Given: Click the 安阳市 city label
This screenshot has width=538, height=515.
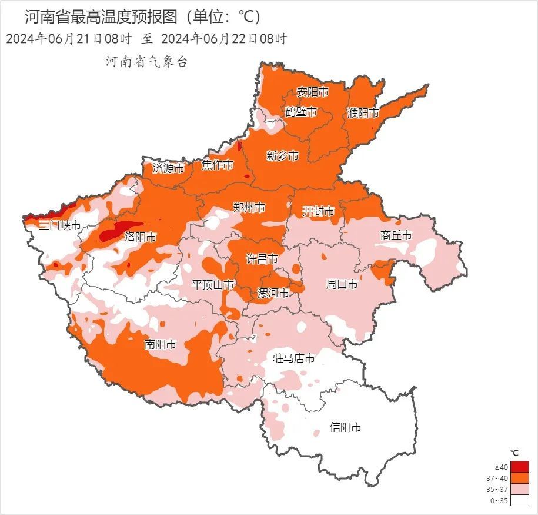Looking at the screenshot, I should click(x=312, y=92).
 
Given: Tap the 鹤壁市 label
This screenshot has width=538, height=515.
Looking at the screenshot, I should click(x=300, y=112).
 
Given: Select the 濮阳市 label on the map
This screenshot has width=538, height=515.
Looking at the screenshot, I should click(x=363, y=112).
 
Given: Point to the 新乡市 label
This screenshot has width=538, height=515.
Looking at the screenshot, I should click(x=282, y=156).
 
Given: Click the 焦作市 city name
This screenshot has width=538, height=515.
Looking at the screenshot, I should click(x=218, y=165).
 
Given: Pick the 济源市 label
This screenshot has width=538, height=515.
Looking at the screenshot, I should click(x=169, y=168).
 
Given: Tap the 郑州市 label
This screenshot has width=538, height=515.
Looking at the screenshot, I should click(x=249, y=208).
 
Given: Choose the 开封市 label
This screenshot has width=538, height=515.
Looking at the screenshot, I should click(x=318, y=211).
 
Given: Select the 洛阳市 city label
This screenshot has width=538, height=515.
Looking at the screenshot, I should click(x=141, y=237).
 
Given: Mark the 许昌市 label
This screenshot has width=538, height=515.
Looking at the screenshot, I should click(x=262, y=259).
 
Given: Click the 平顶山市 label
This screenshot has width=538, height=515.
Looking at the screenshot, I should click(x=213, y=285).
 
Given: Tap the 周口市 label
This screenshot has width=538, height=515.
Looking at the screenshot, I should click(x=342, y=284).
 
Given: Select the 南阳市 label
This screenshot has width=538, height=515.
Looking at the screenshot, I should click(x=160, y=344).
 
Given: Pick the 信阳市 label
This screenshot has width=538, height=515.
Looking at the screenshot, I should click(x=345, y=427).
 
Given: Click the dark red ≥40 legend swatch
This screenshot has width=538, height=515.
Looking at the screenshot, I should click(x=519, y=467).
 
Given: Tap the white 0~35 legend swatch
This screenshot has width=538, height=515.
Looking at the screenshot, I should click(x=519, y=500).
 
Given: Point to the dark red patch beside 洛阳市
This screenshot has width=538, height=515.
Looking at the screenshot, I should click(x=117, y=231).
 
